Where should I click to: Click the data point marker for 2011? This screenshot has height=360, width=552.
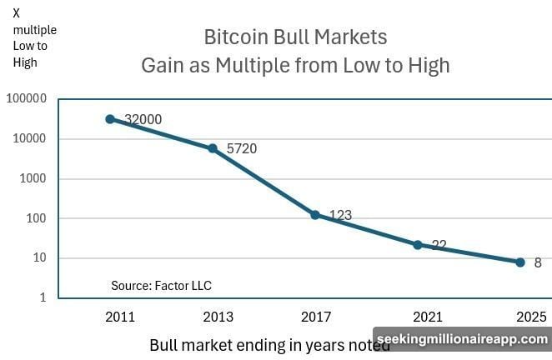pos(110,119)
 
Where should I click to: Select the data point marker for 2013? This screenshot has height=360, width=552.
pos(213,148)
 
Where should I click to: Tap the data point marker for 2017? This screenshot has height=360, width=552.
pos(315,215)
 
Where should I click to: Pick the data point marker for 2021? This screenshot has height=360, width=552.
pos(418,245)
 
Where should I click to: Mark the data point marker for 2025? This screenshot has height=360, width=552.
pos(520,262)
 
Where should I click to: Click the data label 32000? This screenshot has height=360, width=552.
pos(143,119)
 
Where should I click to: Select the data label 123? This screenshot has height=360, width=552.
pos(339,215)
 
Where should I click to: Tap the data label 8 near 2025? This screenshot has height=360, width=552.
pos(538,262)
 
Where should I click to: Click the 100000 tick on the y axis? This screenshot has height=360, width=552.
pos(26,99)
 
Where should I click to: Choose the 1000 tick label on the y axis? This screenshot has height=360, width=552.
pos(32,179)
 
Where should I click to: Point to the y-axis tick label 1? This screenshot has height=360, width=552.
pos(43,298)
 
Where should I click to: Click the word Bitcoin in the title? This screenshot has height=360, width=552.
pos(237,37)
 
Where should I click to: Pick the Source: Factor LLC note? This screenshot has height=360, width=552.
pos(161,286)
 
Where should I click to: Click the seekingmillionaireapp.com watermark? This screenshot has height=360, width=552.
pos(461,340)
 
